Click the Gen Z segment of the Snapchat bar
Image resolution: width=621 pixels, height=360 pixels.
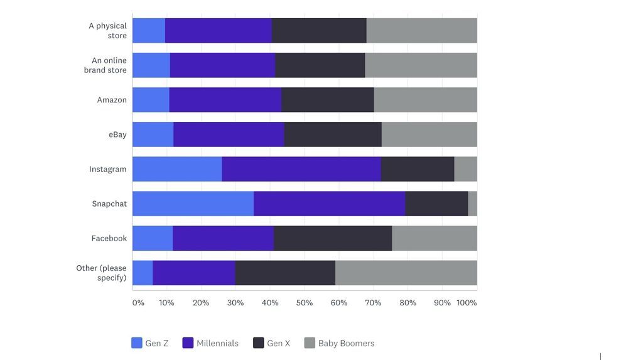click(x=193, y=204)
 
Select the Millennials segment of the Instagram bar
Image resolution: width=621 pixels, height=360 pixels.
click(x=301, y=169)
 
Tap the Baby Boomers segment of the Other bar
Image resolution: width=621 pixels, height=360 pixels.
click(x=406, y=273)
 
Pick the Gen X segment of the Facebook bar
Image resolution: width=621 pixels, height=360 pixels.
click(x=333, y=238)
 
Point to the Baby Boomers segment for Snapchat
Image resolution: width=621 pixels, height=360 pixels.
click(x=472, y=204)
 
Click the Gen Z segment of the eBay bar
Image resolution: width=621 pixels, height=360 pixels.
click(x=153, y=134)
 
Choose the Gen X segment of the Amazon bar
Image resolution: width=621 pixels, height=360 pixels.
click(x=327, y=100)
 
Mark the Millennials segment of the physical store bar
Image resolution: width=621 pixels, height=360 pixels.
click(x=218, y=31)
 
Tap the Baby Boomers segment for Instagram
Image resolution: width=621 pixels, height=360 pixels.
click(x=465, y=169)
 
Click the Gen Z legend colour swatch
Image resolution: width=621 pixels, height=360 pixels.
click(x=137, y=343)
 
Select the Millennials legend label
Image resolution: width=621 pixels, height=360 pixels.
click(x=217, y=344)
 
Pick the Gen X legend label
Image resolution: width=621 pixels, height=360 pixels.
click(x=278, y=344)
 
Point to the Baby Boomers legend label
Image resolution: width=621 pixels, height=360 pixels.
click(x=346, y=344)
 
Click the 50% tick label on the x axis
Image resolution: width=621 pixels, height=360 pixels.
click(x=305, y=303)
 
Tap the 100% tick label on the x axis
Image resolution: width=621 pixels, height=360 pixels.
click(x=467, y=303)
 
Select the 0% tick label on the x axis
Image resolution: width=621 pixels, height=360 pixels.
click(x=138, y=303)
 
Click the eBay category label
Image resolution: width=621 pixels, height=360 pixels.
click(x=117, y=134)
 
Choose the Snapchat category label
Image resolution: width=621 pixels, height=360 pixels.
click(x=109, y=204)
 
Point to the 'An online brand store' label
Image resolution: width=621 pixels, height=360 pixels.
click(x=105, y=65)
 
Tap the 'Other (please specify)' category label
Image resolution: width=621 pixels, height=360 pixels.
click(x=102, y=273)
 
